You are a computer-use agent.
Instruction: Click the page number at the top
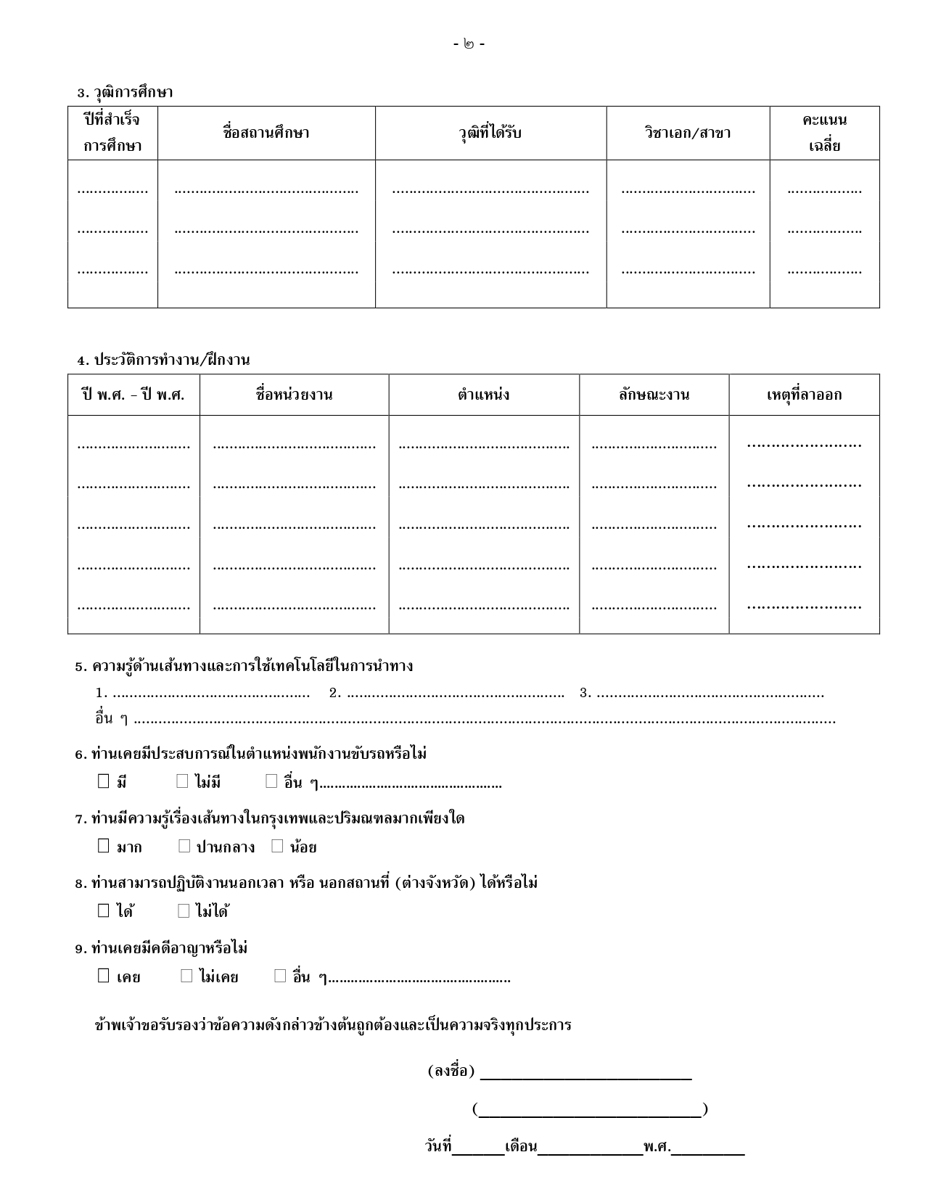(x=469, y=44)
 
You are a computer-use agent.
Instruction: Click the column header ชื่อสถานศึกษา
(x=266, y=133)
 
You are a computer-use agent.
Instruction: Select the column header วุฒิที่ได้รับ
(x=490, y=133)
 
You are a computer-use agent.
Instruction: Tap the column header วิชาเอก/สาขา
(x=688, y=133)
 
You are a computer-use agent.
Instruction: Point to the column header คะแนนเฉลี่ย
(x=824, y=133)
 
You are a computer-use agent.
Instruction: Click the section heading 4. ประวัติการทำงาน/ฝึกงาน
(x=164, y=360)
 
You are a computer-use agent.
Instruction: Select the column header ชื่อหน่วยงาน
(x=294, y=395)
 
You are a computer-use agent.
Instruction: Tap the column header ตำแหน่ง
(x=484, y=395)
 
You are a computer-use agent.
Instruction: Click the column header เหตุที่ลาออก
(x=804, y=395)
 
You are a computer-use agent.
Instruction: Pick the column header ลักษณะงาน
(x=654, y=395)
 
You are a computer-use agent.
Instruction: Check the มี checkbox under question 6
(x=104, y=781)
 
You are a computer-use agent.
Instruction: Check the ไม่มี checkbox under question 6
(x=182, y=781)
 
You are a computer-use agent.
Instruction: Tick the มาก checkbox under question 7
(x=104, y=846)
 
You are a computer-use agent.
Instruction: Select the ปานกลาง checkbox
(x=184, y=846)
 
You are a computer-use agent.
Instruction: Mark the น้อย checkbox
(x=277, y=846)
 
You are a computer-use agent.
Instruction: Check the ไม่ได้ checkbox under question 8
(x=184, y=910)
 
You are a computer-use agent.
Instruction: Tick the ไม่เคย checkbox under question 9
(x=186, y=976)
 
